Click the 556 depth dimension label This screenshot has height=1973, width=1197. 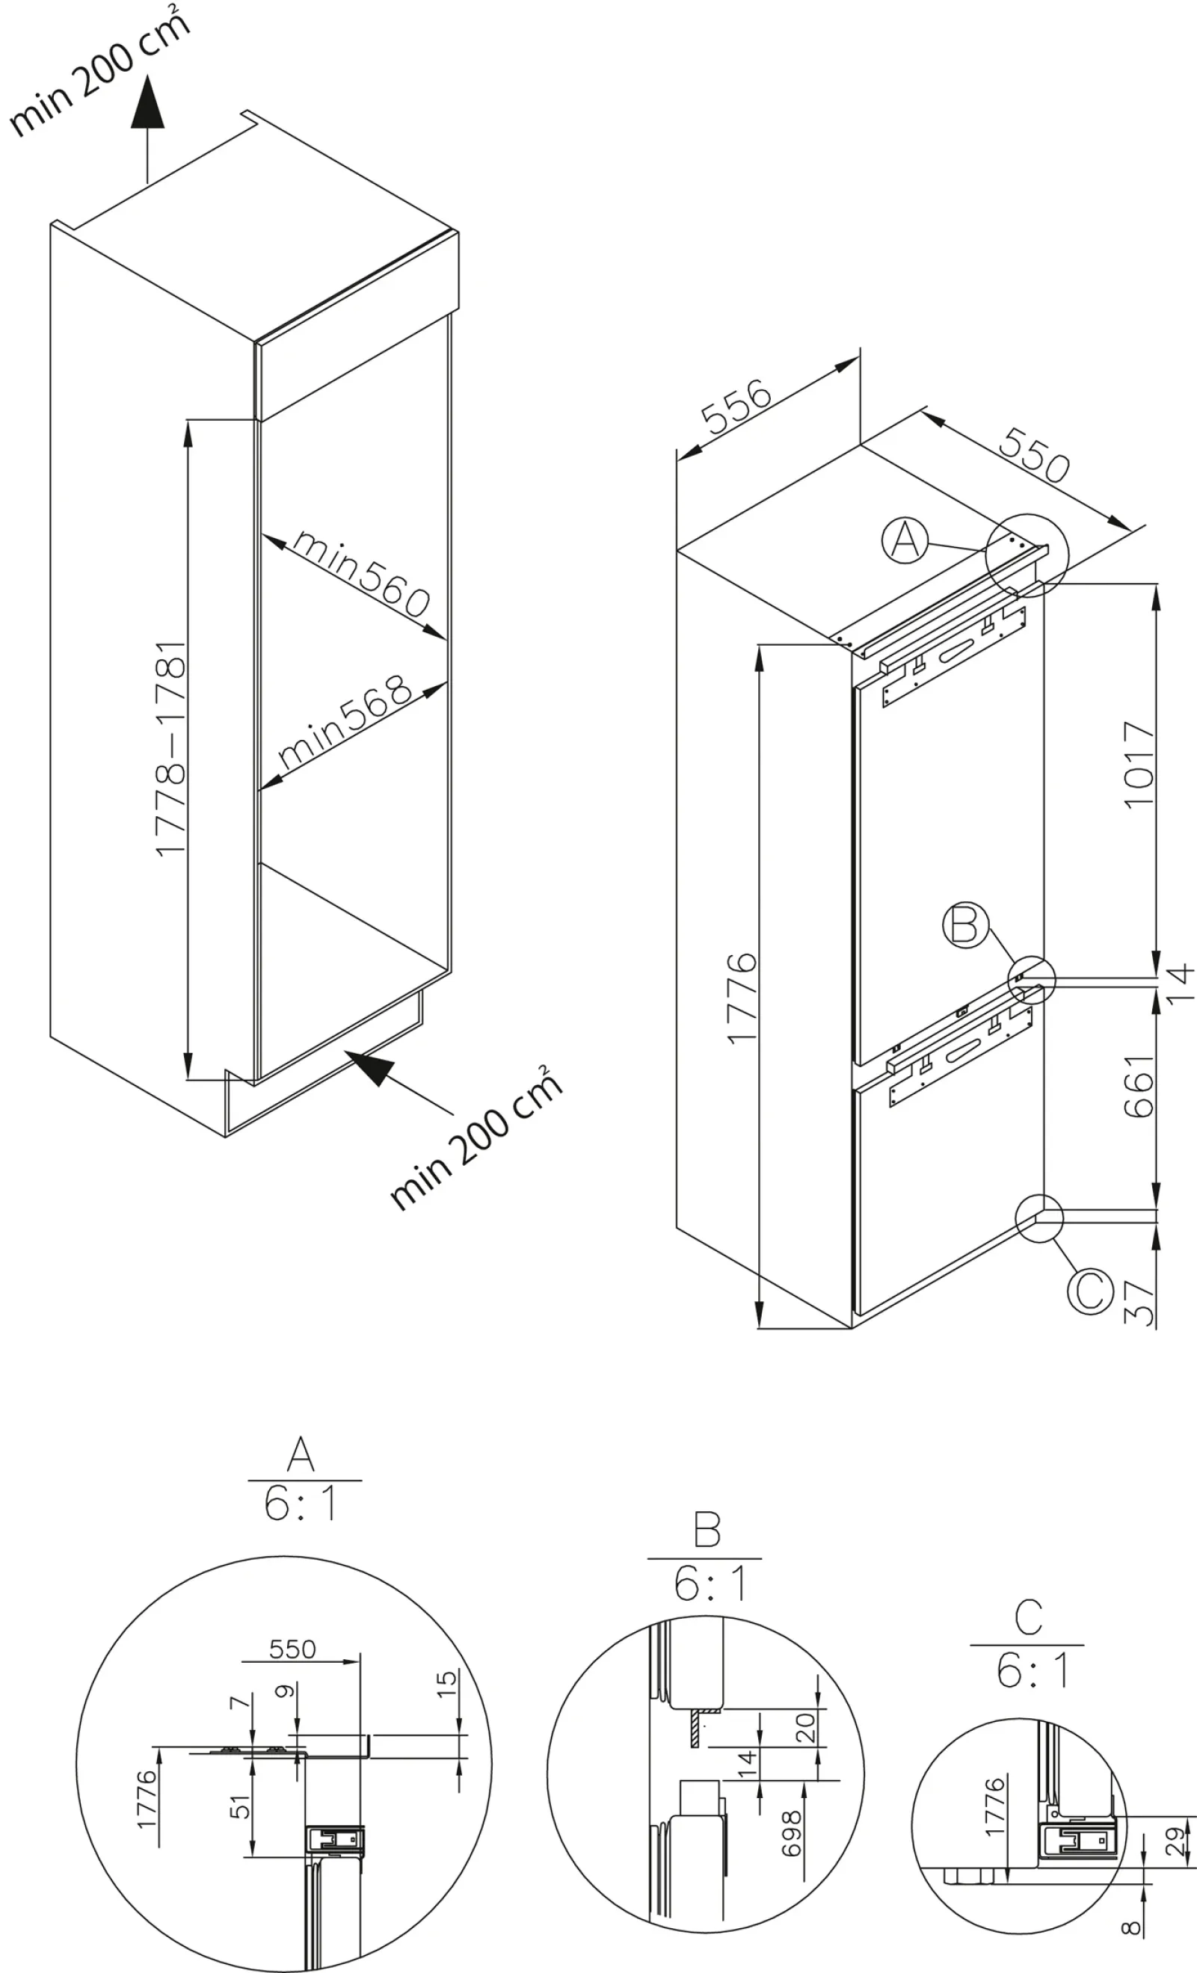(736, 407)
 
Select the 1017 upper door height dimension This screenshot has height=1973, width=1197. (1139, 765)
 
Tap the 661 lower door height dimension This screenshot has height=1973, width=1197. (1139, 1086)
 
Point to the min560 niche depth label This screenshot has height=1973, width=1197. (360, 573)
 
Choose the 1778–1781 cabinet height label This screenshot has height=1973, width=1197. (170, 748)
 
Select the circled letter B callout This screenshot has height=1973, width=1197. (965, 925)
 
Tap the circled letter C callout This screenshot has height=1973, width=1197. (1090, 1290)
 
